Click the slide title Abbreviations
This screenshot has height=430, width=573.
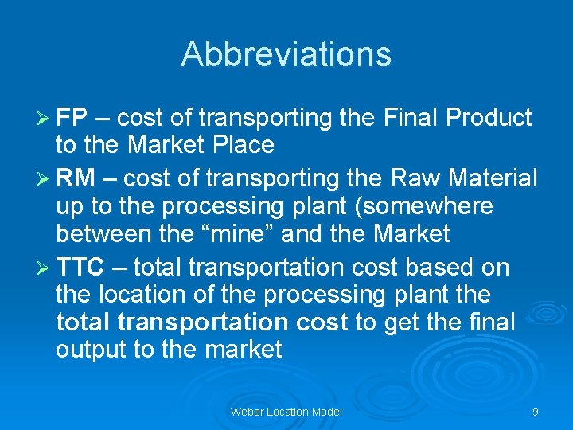coord(286,54)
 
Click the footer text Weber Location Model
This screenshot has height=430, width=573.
coord(286,412)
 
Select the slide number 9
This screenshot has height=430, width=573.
coord(536,412)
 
